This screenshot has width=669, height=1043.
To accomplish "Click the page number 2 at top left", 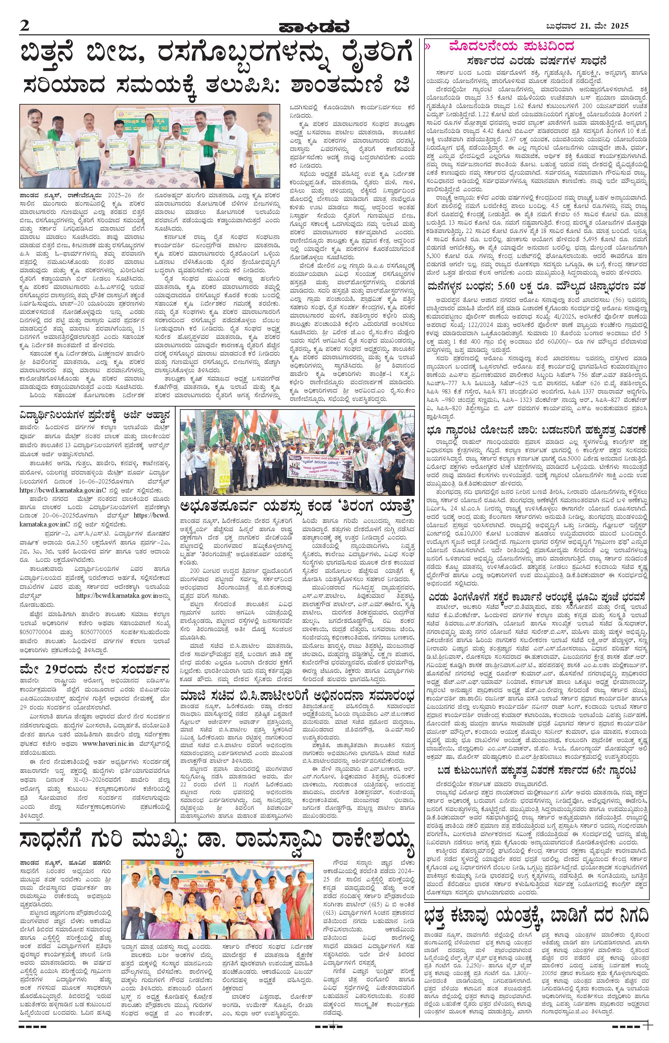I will point(24,26).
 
